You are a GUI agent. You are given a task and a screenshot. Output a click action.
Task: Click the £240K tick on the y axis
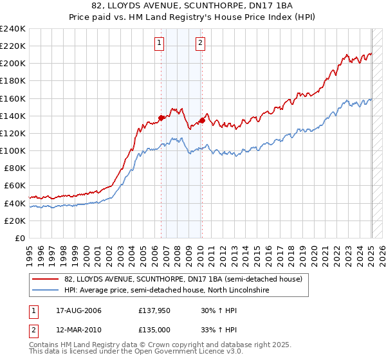point(13,29)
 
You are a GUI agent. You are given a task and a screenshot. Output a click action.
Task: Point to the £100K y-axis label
point(13,150)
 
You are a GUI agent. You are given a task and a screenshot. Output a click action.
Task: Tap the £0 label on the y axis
point(20,238)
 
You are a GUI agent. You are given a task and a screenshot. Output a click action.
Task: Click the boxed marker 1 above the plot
point(159,43)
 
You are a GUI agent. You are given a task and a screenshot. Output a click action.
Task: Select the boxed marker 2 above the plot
point(201,43)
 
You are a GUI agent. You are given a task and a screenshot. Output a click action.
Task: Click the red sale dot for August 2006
point(161,118)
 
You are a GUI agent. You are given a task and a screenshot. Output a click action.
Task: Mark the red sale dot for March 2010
point(202,120)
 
